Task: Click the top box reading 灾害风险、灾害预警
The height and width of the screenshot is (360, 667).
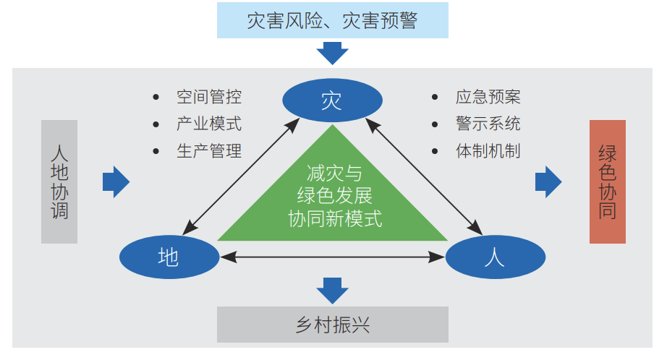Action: (x=332, y=20)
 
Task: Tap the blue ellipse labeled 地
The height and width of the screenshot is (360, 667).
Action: (x=169, y=257)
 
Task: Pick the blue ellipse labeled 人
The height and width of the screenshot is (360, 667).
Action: (x=495, y=257)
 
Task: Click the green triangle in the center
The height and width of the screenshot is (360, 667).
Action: (x=332, y=195)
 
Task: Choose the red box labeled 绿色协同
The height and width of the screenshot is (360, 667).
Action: (x=607, y=181)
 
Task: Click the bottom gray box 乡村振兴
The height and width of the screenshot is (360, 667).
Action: (x=332, y=325)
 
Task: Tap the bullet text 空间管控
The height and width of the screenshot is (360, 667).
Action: (x=209, y=97)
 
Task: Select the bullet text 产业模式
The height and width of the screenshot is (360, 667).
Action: (x=209, y=124)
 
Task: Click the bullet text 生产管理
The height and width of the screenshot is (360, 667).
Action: (x=209, y=150)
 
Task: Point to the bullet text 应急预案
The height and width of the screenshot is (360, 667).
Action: (x=488, y=97)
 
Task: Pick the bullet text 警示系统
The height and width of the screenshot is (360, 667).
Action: (x=488, y=124)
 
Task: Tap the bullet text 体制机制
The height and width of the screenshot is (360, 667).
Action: (x=488, y=150)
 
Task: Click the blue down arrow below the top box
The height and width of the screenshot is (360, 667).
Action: (x=332, y=53)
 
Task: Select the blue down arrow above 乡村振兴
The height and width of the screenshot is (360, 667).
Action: (x=332, y=291)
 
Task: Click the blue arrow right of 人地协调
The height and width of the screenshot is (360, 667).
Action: (x=116, y=181)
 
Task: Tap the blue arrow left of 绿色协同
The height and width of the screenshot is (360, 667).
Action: (x=548, y=181)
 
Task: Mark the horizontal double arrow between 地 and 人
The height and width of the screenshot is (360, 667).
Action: (x=332, y=255)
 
